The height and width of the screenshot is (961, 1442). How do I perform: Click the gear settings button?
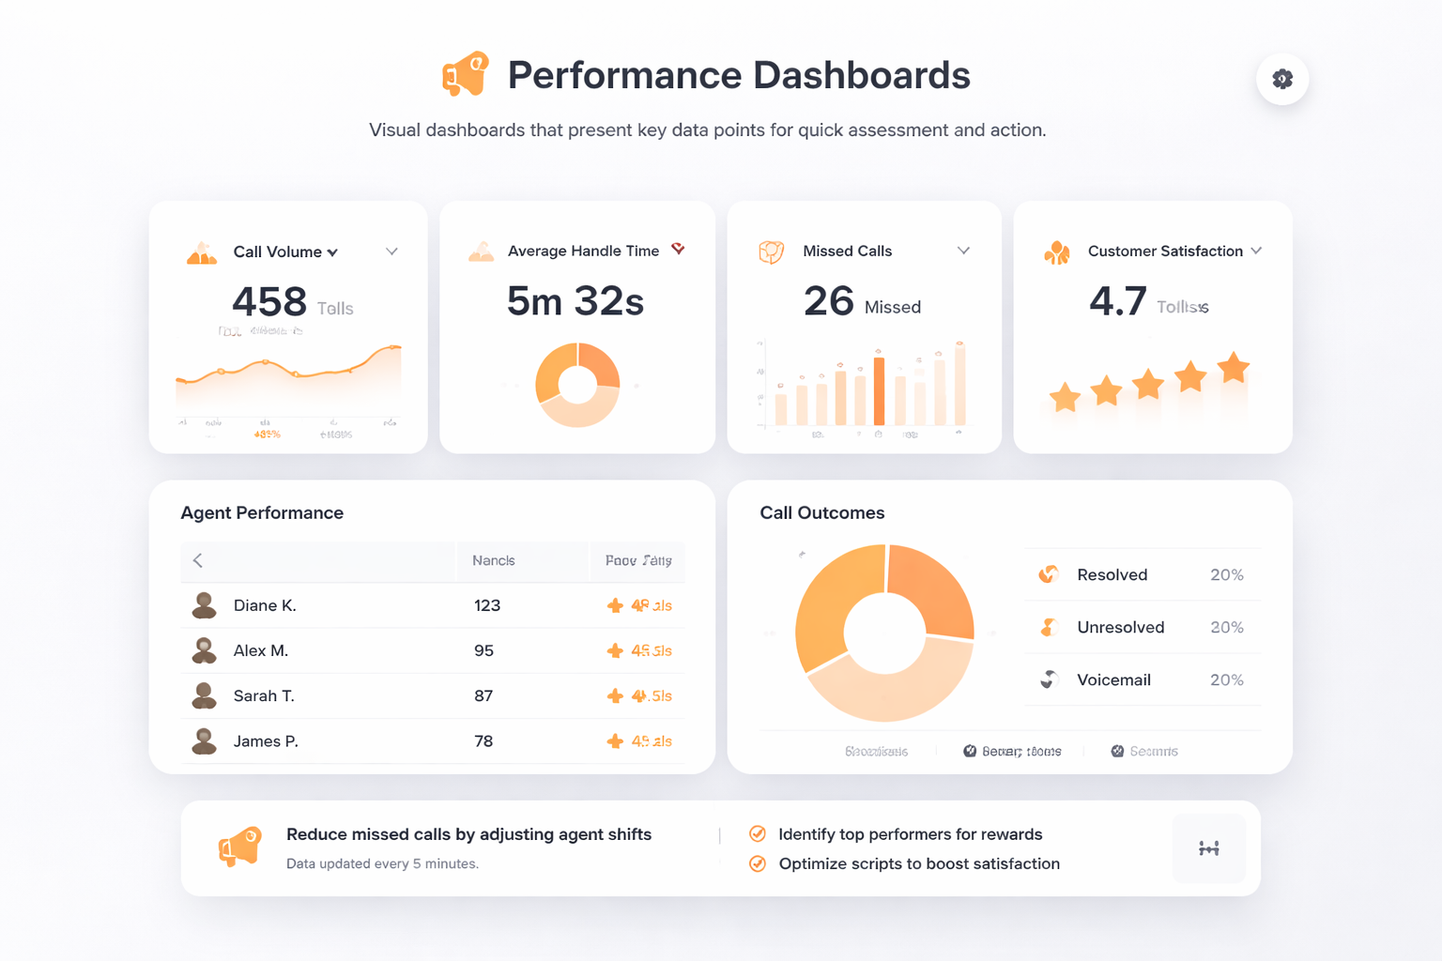click(x=1282, y=79)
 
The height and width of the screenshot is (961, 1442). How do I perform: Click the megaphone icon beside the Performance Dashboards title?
click(x=466, y=74)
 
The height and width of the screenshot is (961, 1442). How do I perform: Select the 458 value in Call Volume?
click(x=269, y=302)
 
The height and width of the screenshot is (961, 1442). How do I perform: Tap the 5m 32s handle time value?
click(x=575, y=301)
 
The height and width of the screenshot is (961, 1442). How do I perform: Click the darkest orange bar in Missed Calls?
click(x=879, y=391)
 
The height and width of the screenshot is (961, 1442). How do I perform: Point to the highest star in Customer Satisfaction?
click(x=1233, y=368)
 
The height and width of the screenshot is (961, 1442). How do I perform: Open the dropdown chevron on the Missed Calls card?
click(x=963, y=251)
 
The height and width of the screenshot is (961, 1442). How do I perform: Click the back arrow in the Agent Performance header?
click(x=198, y=560)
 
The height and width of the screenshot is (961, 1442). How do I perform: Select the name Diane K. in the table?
click(x=265, y=605)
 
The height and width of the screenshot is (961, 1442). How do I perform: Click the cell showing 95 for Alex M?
click(x=483, y=650)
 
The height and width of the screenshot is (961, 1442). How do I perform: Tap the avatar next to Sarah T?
click(x=204, y=695)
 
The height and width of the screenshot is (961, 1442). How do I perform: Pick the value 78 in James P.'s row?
click(x=483, y=741)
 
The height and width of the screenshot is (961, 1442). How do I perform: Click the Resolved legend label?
click(x=1112, y=575)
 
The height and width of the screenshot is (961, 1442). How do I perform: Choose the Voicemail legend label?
click(x=1113, y=680)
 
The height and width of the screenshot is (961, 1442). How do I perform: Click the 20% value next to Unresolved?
click(x=1226, y=628)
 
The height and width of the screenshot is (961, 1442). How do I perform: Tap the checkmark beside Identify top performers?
click(x=758, y=834)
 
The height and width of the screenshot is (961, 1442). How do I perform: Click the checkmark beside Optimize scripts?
click(x=758, y=863)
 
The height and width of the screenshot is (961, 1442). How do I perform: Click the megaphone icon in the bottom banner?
click(x=240, y=847)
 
